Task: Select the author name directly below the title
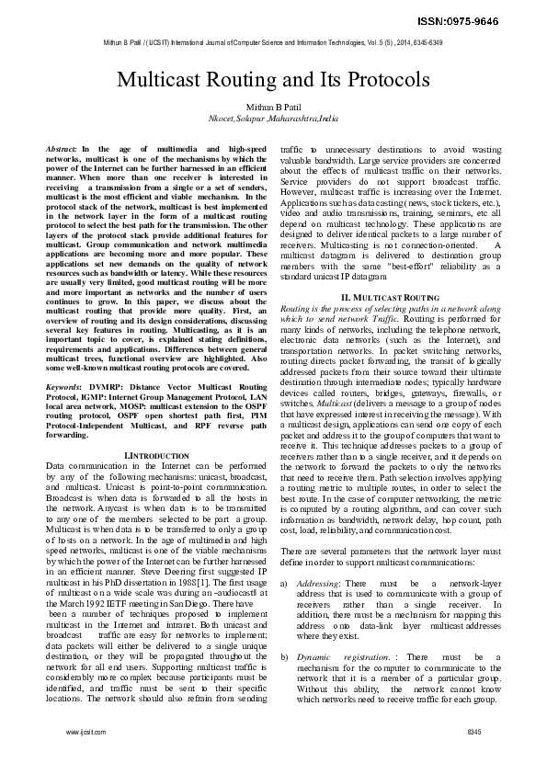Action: click(273, 107)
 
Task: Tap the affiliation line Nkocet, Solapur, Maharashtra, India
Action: click(273, 120)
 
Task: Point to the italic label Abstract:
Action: click(62, 148)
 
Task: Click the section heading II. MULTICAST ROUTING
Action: click(384, 299)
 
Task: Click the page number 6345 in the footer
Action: click(473, 731)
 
